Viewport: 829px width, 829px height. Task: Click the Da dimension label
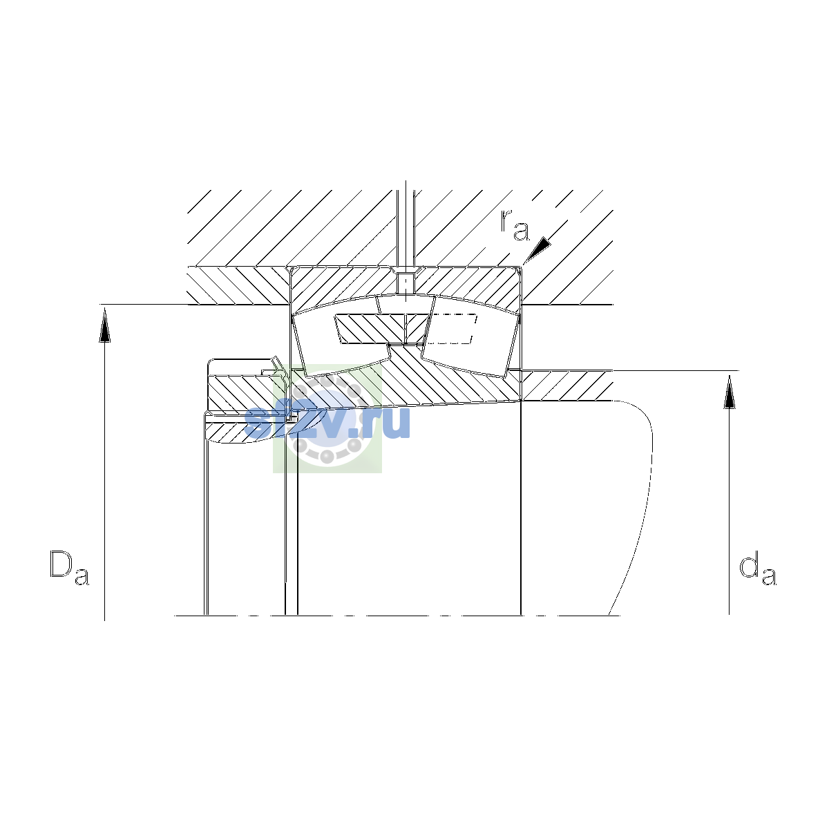click(x=69, y=567)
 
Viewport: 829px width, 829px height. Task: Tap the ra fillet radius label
click(x=515, y=225)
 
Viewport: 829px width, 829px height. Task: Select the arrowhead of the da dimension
click(x=730, y=392)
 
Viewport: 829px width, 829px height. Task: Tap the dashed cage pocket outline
click(x=452, y=329)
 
